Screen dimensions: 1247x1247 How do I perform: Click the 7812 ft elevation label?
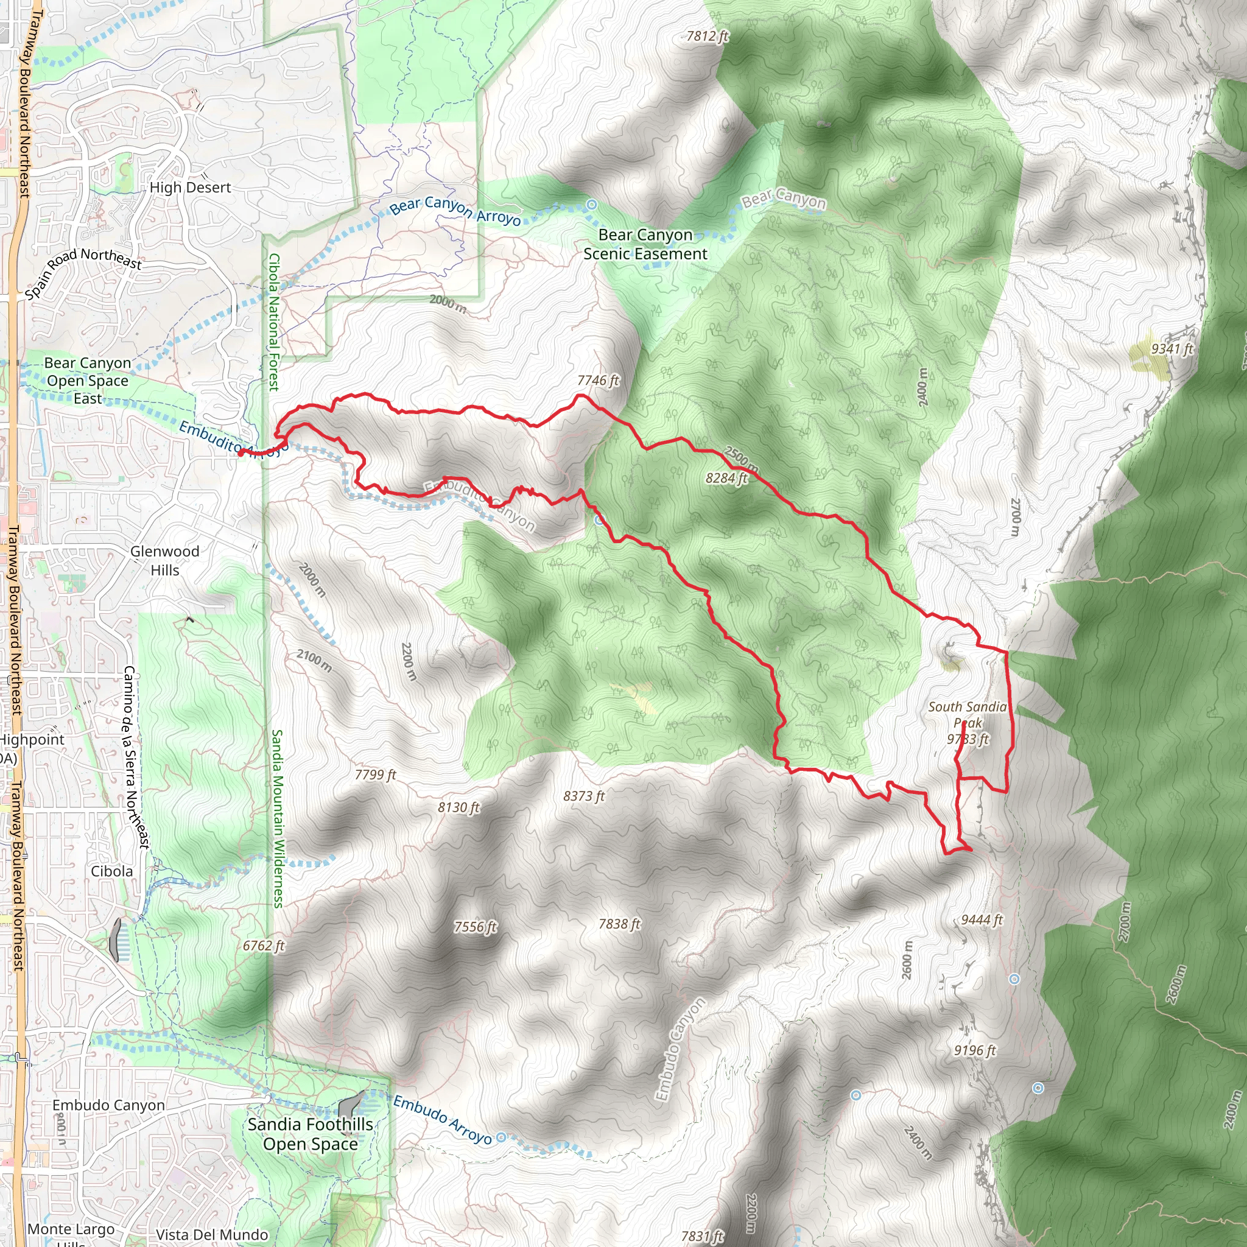(707, 37)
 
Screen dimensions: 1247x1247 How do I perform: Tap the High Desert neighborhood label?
(190, 188)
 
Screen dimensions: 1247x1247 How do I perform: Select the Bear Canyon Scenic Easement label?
(645, 245)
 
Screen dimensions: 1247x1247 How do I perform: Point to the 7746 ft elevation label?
(598, 381)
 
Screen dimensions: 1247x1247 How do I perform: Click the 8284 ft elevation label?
(726, 478)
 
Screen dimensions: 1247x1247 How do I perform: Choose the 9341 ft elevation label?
(1172, 349)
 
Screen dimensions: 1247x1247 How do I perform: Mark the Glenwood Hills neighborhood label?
(164, 560)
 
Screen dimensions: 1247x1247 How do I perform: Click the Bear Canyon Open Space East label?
(87, 381)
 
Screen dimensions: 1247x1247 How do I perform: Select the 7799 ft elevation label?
(375, 775)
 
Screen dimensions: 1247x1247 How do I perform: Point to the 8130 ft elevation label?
(458, 807)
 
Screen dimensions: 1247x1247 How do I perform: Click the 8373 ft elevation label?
(583, 796)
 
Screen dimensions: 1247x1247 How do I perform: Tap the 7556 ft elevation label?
(475, 927)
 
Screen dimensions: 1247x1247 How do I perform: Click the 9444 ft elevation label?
(982, 920)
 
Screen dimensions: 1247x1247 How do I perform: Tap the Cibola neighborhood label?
(111, 871)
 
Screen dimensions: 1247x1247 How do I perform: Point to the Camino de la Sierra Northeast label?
(136, 757)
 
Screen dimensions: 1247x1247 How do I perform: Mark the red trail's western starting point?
(240, 453)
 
